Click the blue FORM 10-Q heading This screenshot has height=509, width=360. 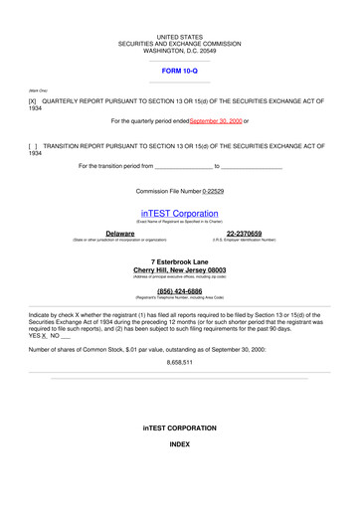point(179,73)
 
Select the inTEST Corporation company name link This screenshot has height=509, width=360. point(179,214)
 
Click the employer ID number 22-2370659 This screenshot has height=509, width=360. point(244,234)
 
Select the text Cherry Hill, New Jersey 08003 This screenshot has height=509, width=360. point(179,270)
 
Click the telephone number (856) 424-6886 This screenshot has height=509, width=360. point(179,291)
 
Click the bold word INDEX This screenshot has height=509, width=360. point(179,443)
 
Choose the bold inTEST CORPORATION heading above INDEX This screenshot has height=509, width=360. point(179,427)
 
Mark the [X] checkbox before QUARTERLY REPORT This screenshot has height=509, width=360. point(33,101)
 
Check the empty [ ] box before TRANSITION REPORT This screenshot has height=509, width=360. point(33,146)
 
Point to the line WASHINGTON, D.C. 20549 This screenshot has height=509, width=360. point(179,51)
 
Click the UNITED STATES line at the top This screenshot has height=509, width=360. point(179,37)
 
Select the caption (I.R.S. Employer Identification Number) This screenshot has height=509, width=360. point(244,241)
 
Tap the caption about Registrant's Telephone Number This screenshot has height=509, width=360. point(179,298)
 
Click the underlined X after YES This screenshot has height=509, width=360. point(45,336)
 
